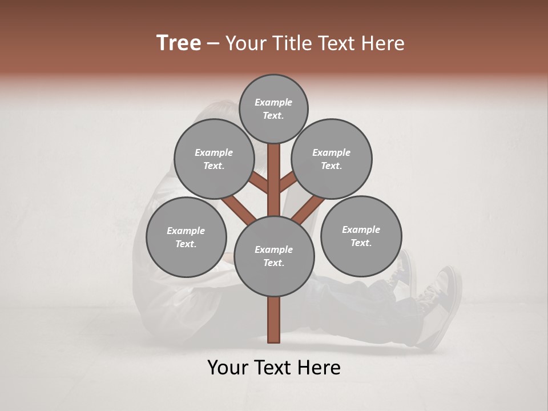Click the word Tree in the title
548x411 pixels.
(179, 43)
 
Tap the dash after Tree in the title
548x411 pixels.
(213, 43)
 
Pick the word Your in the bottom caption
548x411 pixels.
(228, 368)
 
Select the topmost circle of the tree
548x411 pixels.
(273, 108)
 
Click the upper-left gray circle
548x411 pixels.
(214, 159)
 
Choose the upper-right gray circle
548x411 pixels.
(332, 159)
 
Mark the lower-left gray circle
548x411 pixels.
(186, 237)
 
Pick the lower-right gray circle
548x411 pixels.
(361, 236)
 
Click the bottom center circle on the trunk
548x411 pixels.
(274, 256)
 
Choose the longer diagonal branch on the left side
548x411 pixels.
(239, 209)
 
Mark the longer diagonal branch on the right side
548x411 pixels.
(308, 209)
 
